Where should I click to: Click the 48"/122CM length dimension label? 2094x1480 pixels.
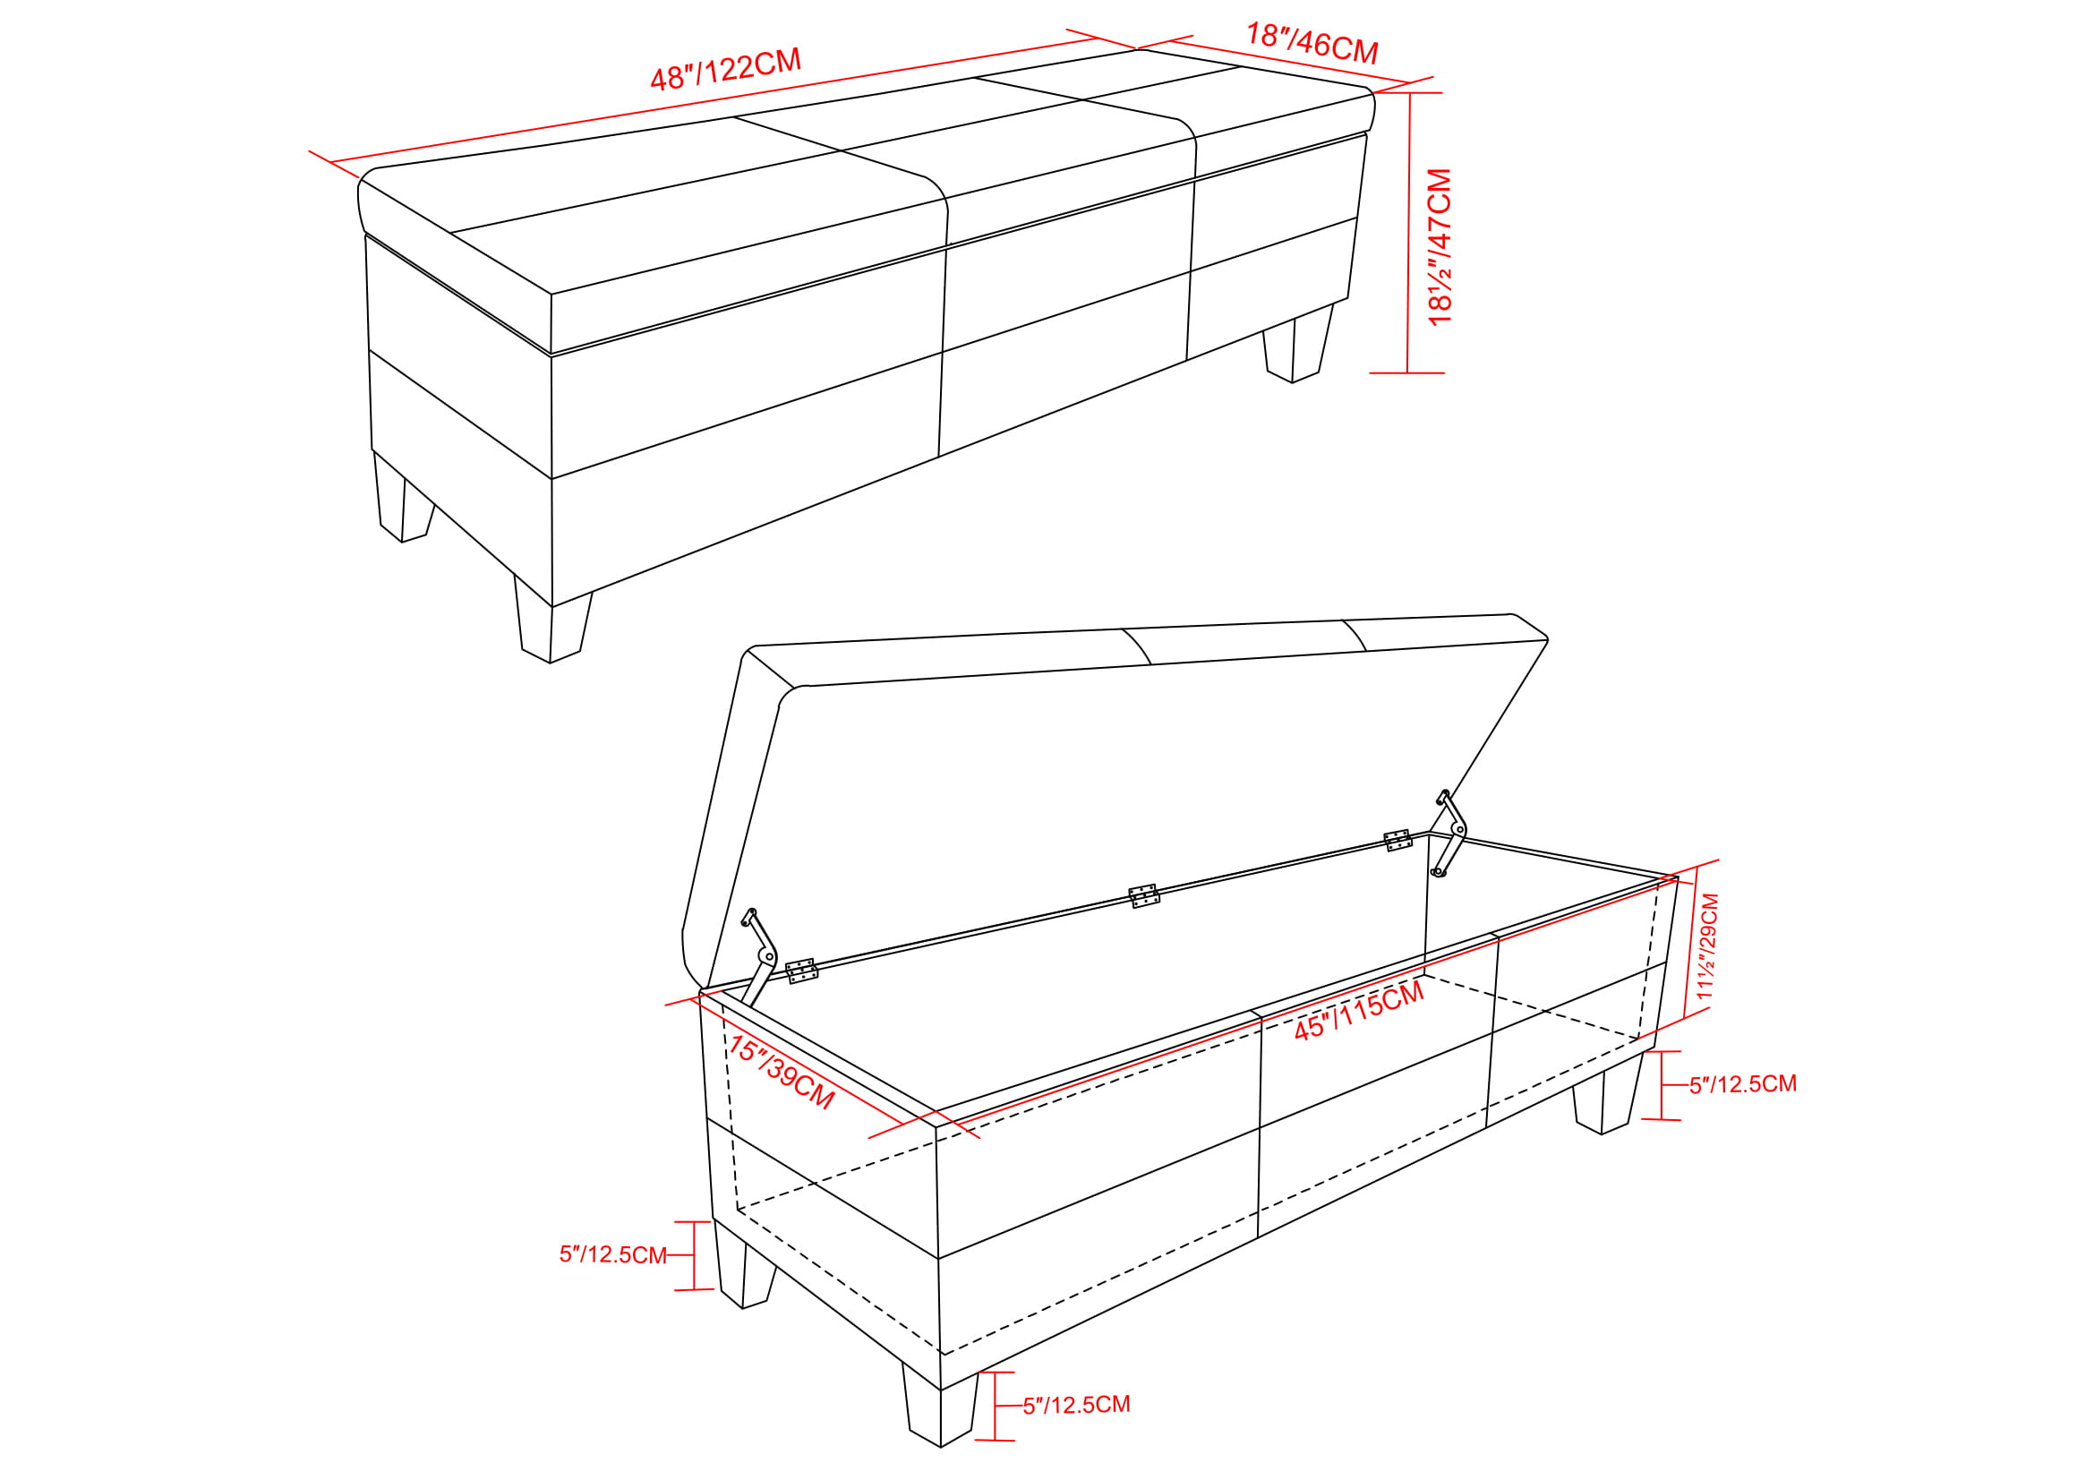click(726, 68)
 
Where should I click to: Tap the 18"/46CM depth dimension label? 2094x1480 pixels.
click(1312, 43)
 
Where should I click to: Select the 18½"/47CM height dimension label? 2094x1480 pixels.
click(1440, 246)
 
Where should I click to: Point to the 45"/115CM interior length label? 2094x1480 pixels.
click(1359, 1010)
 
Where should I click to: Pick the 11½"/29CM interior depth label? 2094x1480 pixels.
click(1707, 945)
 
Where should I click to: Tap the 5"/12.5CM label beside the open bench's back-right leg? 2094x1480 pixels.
click(1743, 1084)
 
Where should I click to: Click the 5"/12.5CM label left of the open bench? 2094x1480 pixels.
click(613, 1254)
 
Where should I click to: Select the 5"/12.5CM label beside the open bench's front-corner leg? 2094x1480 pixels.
click(1076, 1405)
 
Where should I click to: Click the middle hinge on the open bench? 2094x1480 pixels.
click(1143, 896)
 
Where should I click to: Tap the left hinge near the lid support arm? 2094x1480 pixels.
click(801, 971)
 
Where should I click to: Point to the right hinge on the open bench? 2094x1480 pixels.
click(1398, 840)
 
